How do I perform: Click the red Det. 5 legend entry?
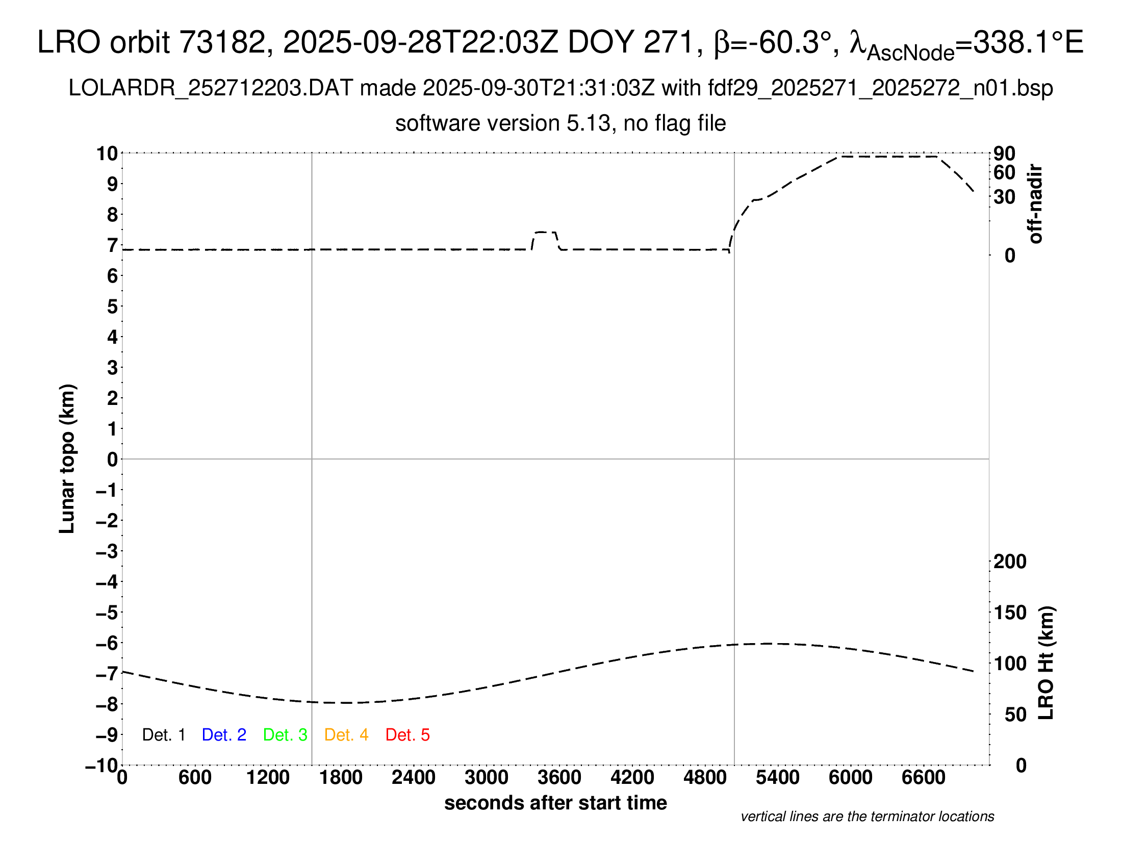[407, 735]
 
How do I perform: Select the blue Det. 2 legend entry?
[224, 735]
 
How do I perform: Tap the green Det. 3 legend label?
[285, 735]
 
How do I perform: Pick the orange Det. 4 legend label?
[346, 735]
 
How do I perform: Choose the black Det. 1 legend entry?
[163, 735]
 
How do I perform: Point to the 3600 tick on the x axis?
[559, 777]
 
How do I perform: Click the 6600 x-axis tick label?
[923, 777]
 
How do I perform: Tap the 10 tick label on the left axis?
[107, 153]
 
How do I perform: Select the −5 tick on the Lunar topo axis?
[107, 613]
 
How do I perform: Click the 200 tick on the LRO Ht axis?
[1010, 562]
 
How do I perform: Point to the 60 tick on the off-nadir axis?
[1004, 172]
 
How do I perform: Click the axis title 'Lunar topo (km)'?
[67, 458]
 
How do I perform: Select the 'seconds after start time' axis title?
[555, 803]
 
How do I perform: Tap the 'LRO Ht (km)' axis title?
[1046, 663]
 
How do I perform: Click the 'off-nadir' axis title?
[1036, 203]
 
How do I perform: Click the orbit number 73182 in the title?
[222, 42]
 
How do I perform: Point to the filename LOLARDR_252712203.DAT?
[211, 88]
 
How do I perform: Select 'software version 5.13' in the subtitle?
[503, 123]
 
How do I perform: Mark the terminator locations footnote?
[867, 817]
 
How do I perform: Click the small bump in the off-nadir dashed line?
[545, 233]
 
